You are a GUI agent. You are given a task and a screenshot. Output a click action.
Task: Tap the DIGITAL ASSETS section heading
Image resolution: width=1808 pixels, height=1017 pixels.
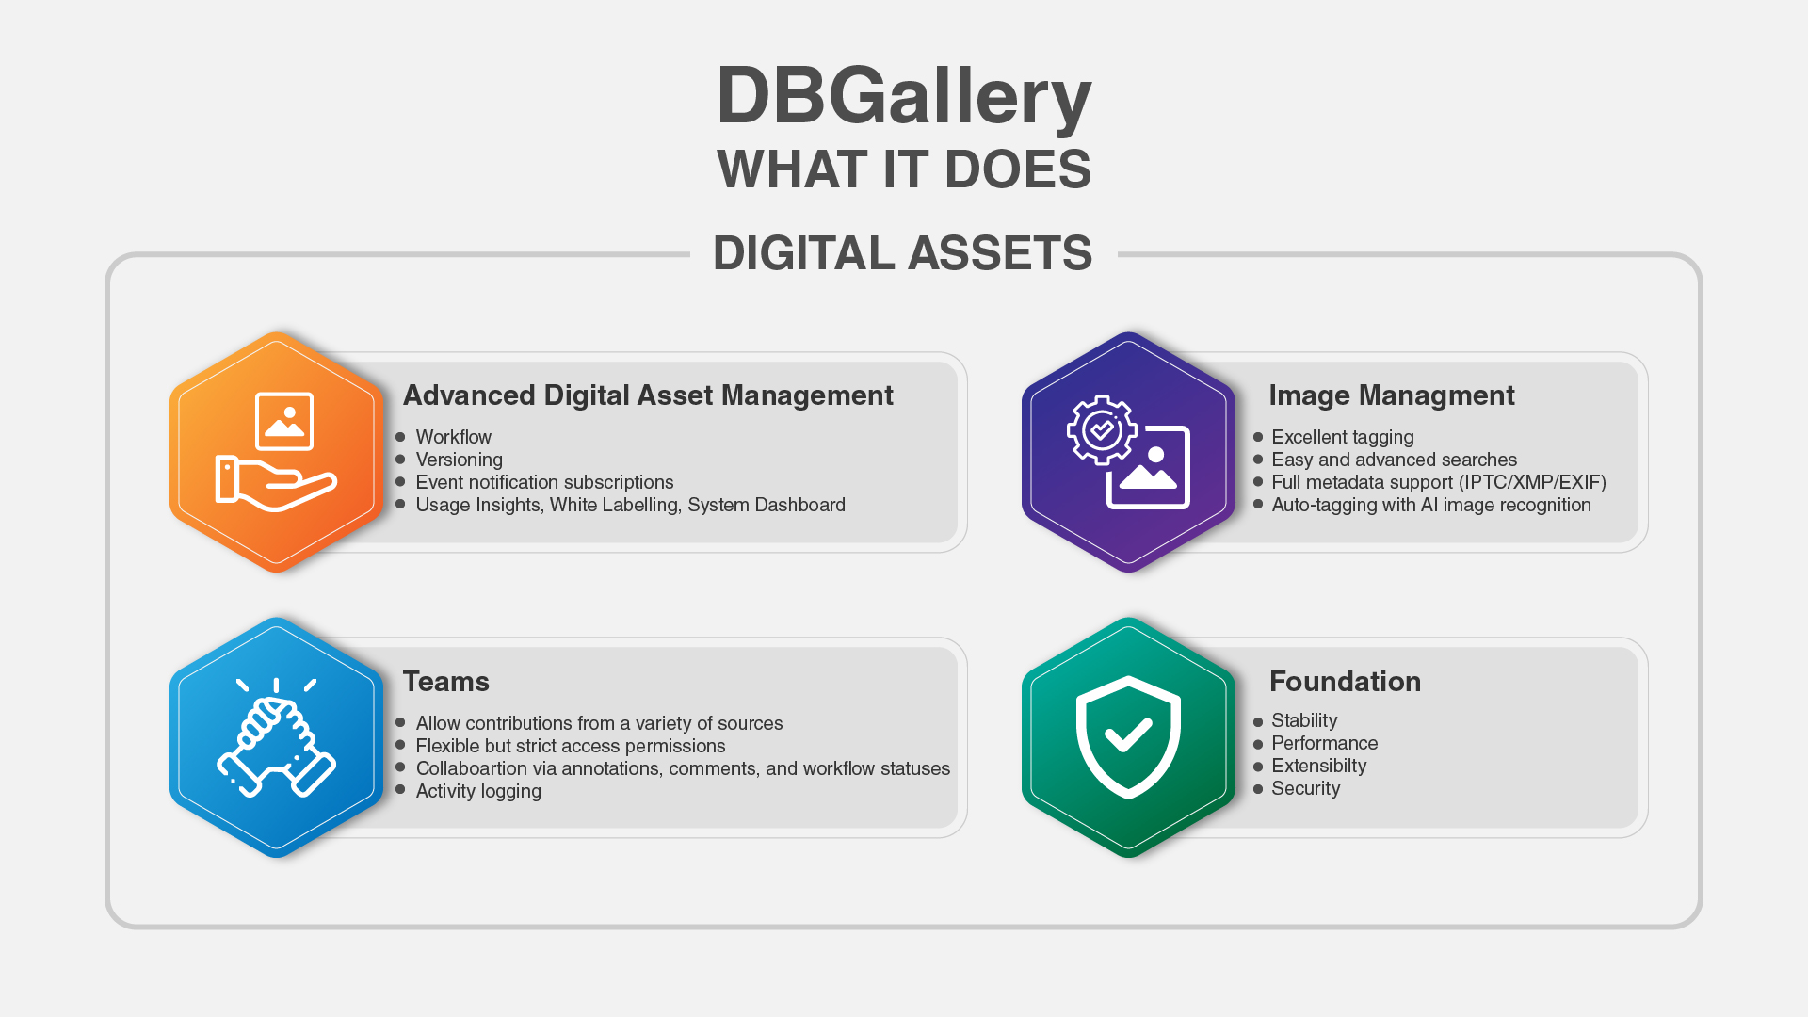(x=903, y=253)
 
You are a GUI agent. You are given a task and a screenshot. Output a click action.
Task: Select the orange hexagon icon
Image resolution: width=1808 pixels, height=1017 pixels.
(x=276, y=452)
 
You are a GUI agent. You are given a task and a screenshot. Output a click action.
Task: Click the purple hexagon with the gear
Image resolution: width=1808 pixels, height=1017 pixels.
(x=1128, y=452)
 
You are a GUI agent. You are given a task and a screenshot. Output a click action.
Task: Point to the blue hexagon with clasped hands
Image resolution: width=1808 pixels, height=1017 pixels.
(x=276, y=737)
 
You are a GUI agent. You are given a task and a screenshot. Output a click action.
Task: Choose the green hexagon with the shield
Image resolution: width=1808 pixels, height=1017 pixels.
(x=1128, y=737)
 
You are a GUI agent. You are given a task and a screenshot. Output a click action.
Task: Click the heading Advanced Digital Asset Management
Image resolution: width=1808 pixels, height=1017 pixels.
(x=648, y=395)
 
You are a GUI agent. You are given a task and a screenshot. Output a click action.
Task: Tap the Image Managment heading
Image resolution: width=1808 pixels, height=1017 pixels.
(x=1392, y=395)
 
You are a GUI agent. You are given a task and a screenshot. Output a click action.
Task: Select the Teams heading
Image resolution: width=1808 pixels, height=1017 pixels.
(x=446, y=681)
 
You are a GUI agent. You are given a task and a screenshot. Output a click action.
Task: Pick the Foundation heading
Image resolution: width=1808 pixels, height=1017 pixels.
(x=1345, y=681)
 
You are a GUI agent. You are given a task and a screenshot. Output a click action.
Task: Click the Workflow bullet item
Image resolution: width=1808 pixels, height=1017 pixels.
(x=453, y=437)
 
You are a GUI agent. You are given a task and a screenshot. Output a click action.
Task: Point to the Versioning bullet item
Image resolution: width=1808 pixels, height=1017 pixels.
(x=459, y=460)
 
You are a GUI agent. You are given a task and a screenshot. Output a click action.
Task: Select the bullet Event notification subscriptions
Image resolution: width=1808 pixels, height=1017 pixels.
(x=544, y=482)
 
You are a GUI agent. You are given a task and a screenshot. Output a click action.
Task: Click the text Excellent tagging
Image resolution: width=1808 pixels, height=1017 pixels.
(x=1342, y=437)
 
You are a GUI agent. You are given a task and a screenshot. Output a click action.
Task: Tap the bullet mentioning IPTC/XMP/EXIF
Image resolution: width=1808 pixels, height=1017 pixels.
(x=1439, y=482)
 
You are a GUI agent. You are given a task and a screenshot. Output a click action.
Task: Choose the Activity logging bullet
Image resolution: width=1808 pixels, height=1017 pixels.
(x=478, y=791)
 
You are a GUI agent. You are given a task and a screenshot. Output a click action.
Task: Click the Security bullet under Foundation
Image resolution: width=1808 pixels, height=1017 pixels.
(x=1305, y=788)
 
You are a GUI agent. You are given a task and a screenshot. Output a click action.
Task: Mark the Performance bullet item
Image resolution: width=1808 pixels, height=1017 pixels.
(x=1324, y=743)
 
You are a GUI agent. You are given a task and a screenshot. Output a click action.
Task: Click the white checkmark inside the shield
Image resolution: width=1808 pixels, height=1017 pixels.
(x=1128, y=734)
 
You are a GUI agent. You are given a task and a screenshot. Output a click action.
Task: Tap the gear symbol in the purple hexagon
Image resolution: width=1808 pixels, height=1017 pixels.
(x=1101, y=430)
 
